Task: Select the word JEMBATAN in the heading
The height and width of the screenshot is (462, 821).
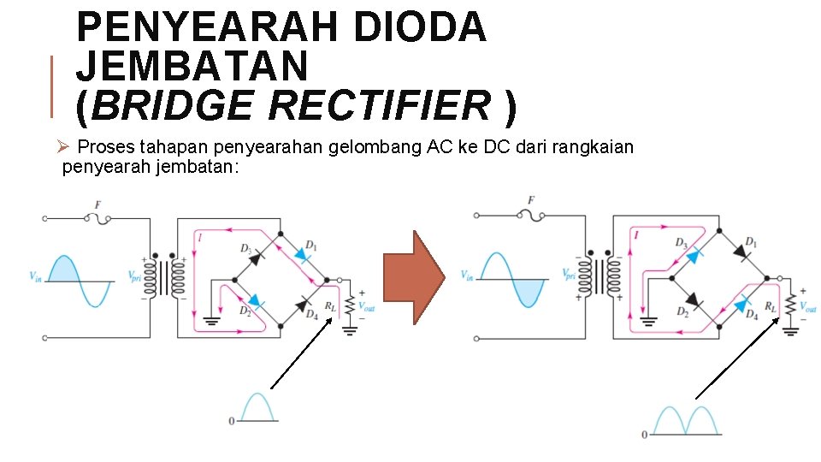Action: (x=192, y=67)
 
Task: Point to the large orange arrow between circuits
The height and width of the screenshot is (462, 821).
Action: (x=414, y=277)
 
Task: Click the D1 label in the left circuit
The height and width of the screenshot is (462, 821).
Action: (x=310, y=246)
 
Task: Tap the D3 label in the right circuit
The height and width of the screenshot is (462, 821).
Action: (x=681, y=244)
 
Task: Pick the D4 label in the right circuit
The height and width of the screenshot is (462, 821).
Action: (x=752, y=314)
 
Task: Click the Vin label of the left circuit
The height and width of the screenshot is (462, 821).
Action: (x=36, y=275)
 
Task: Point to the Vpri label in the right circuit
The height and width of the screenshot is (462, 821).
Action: (x=569, y=275)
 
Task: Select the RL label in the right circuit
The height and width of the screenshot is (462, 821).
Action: (x=770, y=306)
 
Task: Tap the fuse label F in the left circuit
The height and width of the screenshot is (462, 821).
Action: (x=97, y=205)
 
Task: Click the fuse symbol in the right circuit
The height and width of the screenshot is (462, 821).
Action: (x=530, y=216)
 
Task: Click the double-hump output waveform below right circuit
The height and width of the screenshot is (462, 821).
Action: (x=684, y=420)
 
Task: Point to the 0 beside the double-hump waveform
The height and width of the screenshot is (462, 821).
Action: (x=645, y=435)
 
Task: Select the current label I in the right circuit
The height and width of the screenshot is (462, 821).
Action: (x=635, y=234)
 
